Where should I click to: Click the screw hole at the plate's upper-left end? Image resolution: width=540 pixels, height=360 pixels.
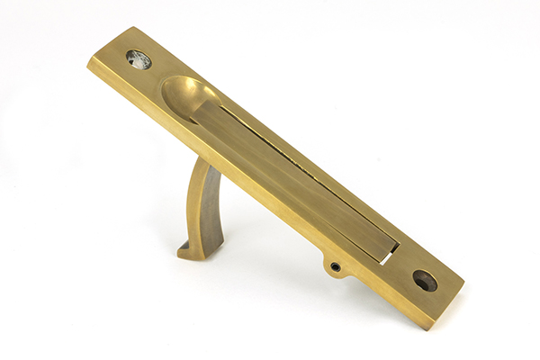139,59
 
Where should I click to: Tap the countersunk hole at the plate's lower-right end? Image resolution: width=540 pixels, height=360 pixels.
424,281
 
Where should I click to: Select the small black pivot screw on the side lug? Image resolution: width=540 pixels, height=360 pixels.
336,266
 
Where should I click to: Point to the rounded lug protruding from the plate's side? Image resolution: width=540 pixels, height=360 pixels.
335,265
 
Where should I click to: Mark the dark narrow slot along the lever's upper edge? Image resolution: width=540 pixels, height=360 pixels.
297,153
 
